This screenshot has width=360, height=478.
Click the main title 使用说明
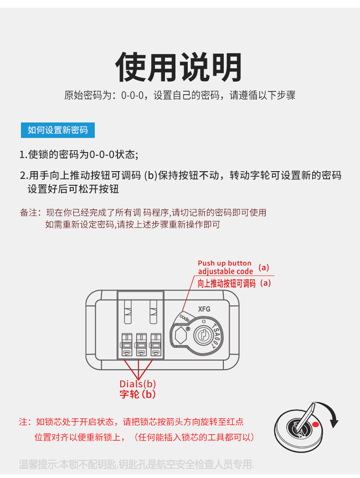point(179,67)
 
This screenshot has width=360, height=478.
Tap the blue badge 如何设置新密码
point(57,130)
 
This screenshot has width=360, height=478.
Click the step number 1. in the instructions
point(23,155)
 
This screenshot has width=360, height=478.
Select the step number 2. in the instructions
point(24,176)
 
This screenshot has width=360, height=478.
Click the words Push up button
point(224,263)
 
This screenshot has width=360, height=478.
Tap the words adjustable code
point(225,272)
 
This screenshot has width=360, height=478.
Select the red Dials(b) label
point(138,384)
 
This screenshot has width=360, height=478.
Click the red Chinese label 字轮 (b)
point(138,394)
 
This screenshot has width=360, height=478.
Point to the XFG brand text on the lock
point(204,309)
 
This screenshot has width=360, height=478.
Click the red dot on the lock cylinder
point(315,425)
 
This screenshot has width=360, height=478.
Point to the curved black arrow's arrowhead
point(335,424)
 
